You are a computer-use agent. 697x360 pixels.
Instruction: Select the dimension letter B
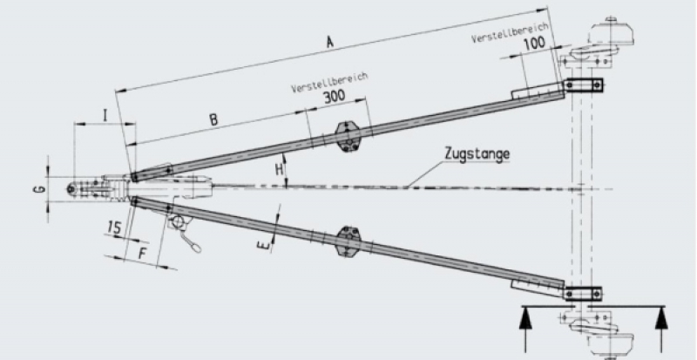(x=213, y=120)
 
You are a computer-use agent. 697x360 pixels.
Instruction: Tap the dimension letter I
(x=105, y=113)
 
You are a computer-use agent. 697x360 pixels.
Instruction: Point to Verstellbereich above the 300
(x=330, y=80)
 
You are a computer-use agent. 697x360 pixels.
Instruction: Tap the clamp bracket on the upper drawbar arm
(x=349, y=135)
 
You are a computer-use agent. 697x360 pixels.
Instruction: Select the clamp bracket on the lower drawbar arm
(x=349, y=241)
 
